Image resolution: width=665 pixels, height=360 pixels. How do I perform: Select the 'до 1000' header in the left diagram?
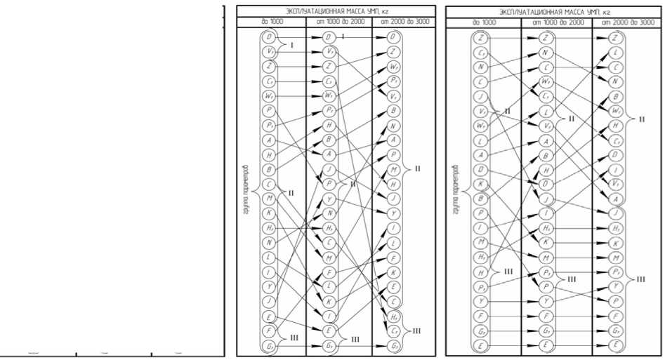[x=270, y=22]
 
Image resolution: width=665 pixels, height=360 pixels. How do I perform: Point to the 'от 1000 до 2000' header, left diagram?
[x=339, y=22]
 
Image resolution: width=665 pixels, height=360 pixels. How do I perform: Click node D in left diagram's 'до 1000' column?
[x=270, y=36]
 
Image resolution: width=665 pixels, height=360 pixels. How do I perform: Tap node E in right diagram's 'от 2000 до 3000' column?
[x=616, y=345]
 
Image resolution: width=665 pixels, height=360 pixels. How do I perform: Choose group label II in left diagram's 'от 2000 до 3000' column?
[x=418, y=168]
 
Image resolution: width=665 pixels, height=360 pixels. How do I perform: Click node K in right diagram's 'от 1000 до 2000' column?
[x=545, y=241]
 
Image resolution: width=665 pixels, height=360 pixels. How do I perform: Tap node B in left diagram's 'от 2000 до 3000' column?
[x=395, y=110]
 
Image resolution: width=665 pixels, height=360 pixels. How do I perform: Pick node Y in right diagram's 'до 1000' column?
[x=480, y=301]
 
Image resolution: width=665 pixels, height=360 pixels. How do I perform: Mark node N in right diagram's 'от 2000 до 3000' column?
[x=616, y=81]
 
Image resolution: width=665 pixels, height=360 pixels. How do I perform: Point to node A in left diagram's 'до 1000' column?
[x=270, y=140]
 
